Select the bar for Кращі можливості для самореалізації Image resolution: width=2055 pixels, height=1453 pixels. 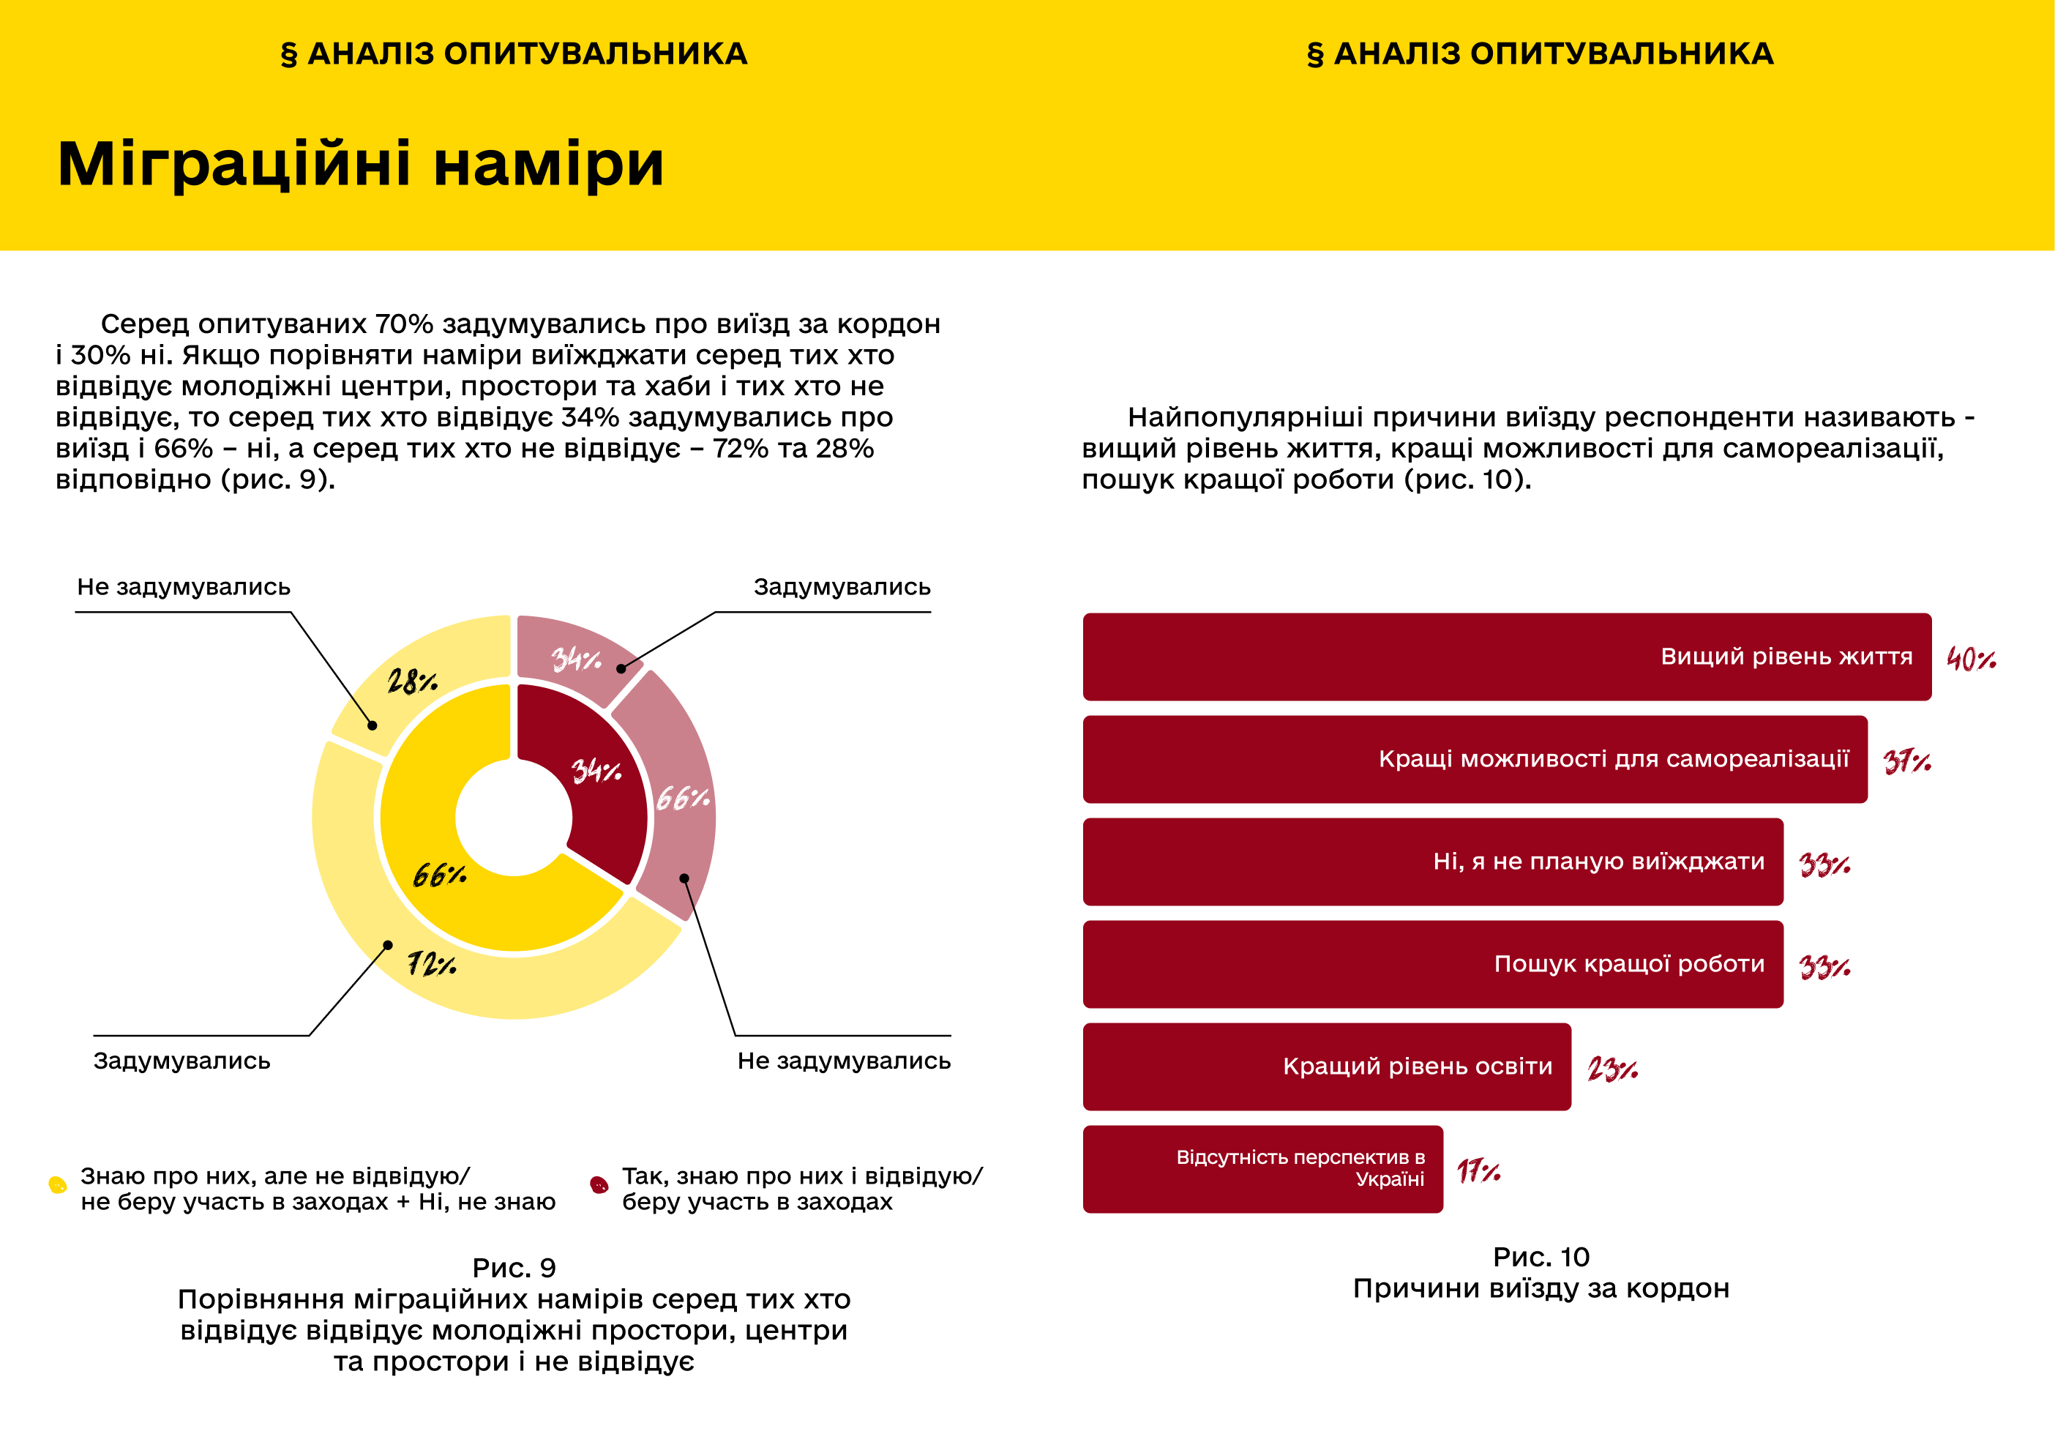(x=1474, y=759)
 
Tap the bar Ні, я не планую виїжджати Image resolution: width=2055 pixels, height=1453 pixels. (x=1432, y=862)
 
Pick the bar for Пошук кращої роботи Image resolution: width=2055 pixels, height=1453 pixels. (x=1432, y=964)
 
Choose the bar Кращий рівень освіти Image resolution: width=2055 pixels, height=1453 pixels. (x=1326, y=1067)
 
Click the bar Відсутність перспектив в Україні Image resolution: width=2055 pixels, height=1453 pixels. (x=1262, y=1169)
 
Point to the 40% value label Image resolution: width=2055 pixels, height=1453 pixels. (x=1970, y=660)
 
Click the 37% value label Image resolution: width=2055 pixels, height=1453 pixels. (x=1906, y=762)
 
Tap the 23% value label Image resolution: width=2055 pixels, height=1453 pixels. (x=1612, y=1069)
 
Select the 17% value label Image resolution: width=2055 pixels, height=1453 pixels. (x=1478, y=1171)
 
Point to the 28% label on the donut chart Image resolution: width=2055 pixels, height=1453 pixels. (x=412, y=682)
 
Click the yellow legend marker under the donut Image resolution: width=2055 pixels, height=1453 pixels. (x=57, y=1185)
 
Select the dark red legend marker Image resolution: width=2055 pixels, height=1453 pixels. (x=599, y=1185)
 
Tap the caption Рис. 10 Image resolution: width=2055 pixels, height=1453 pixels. (x=1541, y=1257)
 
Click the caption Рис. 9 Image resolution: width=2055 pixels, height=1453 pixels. (x=514, y=1268)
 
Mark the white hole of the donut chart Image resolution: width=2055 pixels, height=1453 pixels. (x=514, y=818)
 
